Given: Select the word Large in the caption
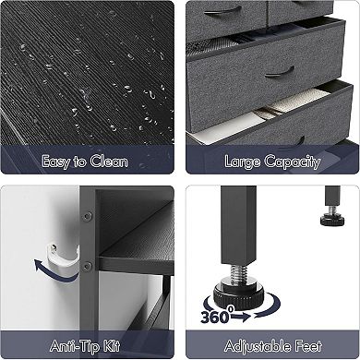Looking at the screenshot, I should coord(245,162).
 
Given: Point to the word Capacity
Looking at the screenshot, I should coord(293,163).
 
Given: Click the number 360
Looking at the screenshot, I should coord(216,315).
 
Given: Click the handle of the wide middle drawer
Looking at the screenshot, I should coord(282,70).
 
